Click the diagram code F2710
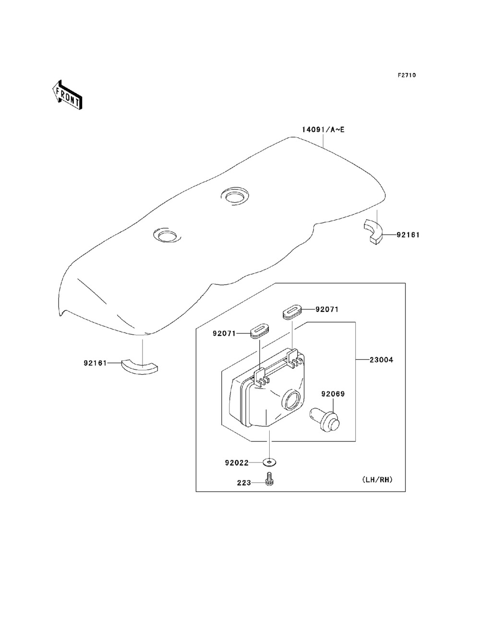click(x=407, y=75)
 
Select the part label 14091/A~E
click(x=324, y=130)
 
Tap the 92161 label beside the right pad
click(x=408, y=235)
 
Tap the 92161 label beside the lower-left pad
click(x=96, y=363)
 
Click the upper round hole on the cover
click(x=235, y=197)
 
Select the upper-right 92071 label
click(x=327, y=309)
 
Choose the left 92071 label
click(x=224, y=333)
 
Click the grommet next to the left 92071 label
click(x=260, y=331)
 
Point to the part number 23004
click(x=381, y=360)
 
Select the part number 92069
click(x=333, y=394)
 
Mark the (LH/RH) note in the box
click(x=377, y=479)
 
